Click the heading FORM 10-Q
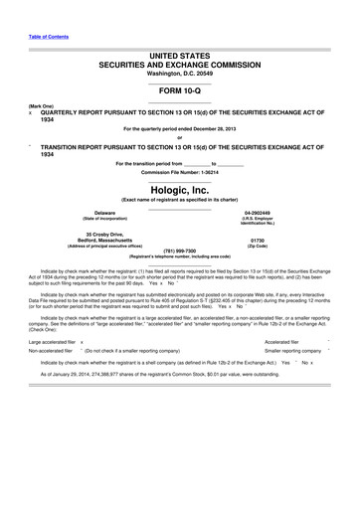tap(179, 88)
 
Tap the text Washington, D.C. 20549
tap(179, 73)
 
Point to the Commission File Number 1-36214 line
tap(179, 173)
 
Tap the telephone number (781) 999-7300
tap(180, 251)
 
